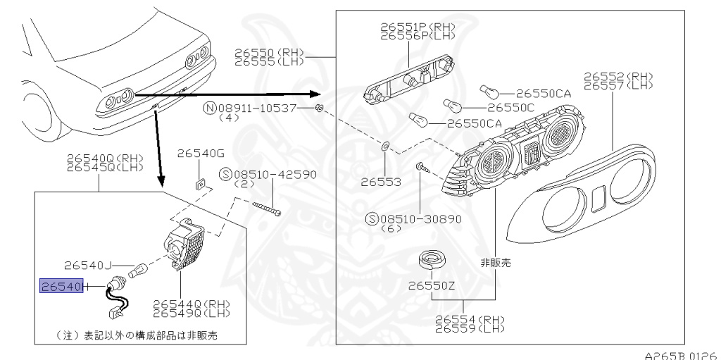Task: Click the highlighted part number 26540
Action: (x=62, y=286)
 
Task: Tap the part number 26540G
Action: (x=200, y=154)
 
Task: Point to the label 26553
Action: (x=381, y=181)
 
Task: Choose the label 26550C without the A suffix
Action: (x=510, y=108)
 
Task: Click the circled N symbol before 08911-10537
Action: (x=209, y=108)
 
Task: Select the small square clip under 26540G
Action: (x=199, y=183)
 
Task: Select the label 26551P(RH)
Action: (x=418, y=27)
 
